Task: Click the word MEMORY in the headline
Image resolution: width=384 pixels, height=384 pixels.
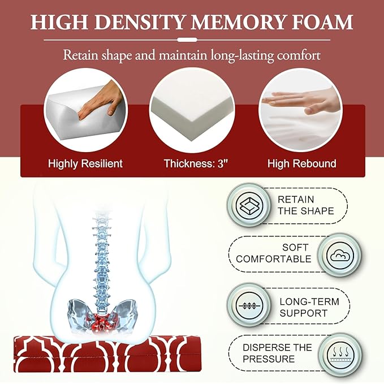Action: coord(238,22)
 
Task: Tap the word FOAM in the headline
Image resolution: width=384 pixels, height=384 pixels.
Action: coord(322,22)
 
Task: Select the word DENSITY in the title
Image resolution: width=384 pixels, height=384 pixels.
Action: coord(139,22)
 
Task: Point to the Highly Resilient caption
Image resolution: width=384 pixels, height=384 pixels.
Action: coord(85,163)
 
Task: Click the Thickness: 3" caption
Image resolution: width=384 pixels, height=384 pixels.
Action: coord(196,163)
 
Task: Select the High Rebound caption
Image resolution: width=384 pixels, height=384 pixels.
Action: coord(302,163)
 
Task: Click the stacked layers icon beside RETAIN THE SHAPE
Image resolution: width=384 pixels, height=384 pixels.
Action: coord(249,205)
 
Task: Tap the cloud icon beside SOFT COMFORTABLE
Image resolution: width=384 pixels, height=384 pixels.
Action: coord(340,256)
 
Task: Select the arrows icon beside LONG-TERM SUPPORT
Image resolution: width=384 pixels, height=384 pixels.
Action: coord(249,305)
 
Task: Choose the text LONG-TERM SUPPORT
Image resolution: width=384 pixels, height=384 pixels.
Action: coord(309,307)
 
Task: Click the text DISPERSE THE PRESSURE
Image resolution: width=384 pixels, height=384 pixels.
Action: coord(277,353)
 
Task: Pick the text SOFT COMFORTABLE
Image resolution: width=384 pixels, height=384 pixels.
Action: coord(274,253)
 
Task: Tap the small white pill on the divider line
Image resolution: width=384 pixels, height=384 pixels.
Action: coord(187,40)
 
